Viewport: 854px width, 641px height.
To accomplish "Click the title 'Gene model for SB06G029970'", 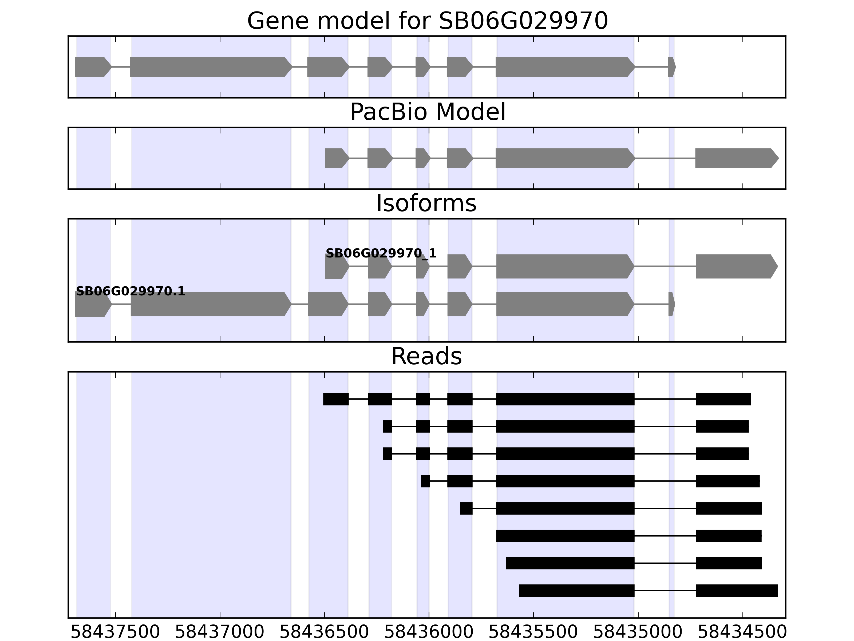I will [x=427, y=21].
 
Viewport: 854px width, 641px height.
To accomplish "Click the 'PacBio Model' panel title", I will [x=427, y=112].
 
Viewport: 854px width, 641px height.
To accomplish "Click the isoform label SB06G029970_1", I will [x=381, y=253].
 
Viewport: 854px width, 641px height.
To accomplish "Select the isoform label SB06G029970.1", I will [x=131, y=291].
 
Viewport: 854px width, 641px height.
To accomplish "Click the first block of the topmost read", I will [x=336, y=399].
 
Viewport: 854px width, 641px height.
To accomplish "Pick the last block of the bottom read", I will [x=737, y=591].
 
